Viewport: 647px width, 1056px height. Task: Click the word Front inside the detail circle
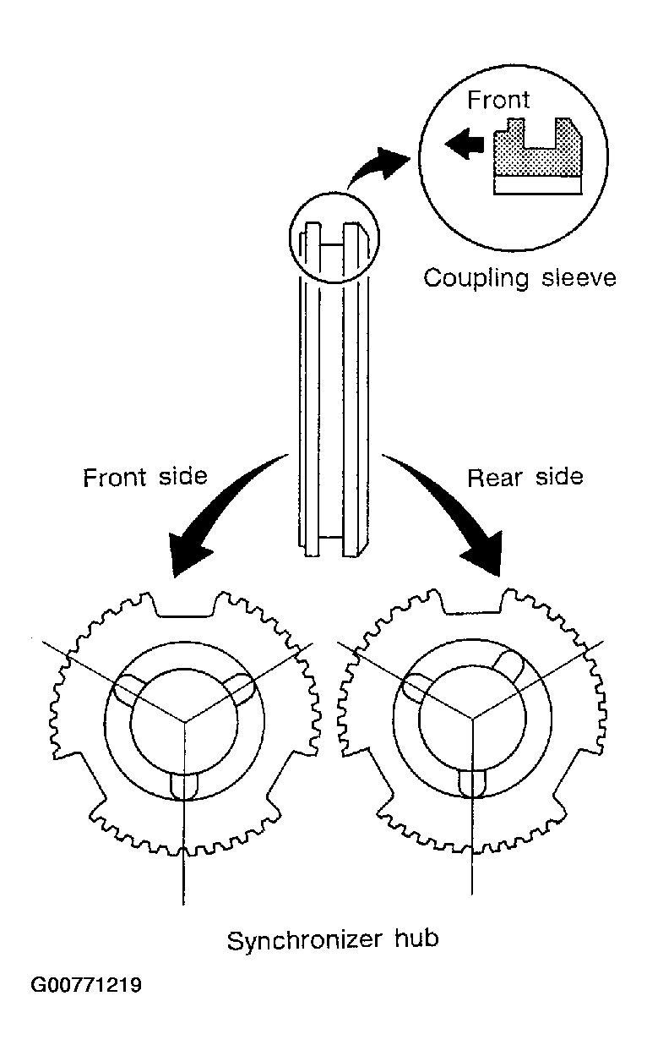(498, 100)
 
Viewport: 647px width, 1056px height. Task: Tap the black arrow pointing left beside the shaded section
(465, 144)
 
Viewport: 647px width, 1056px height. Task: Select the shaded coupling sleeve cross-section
(538, 149)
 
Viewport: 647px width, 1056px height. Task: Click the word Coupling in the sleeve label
(476, 278)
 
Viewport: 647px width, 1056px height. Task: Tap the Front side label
(145, 477)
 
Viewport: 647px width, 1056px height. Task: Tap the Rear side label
(525, 477)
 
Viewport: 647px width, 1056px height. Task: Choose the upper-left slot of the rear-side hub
(416, 689)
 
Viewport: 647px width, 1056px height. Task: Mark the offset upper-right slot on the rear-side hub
(508, 666)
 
